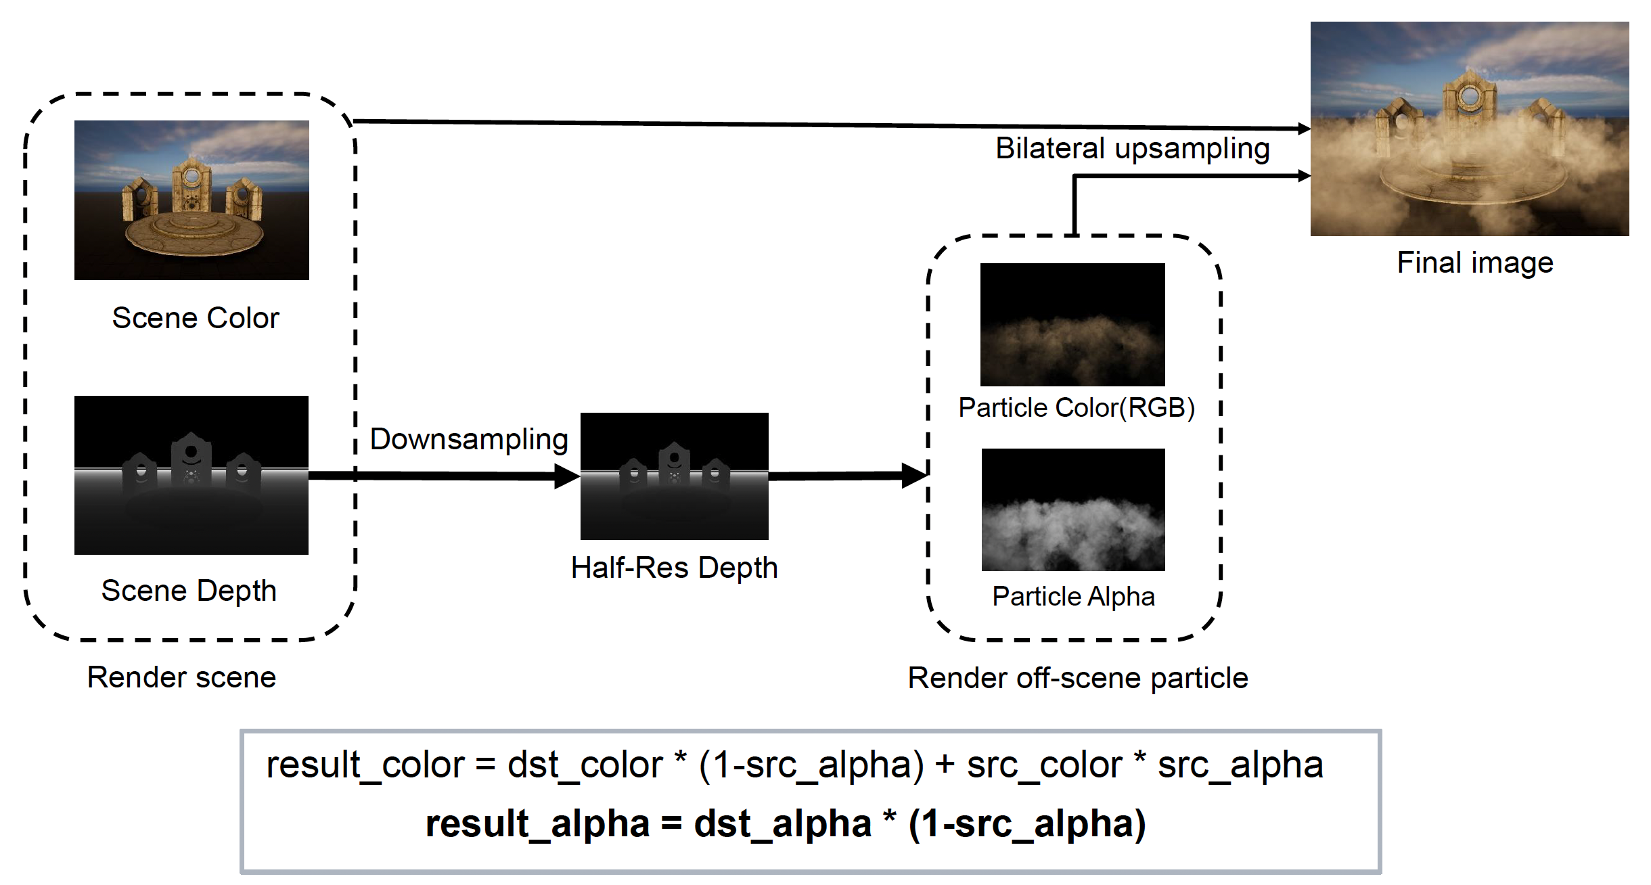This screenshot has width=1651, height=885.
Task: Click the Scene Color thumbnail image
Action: (191, 200)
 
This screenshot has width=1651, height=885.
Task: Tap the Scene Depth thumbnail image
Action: (191, 475)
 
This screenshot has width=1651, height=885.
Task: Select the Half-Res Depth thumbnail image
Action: (674, 476)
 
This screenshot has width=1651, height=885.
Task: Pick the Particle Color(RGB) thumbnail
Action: (1072, 324)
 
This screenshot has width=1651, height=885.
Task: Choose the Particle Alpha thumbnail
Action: (1073, 509)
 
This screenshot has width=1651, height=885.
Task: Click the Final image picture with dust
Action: (1470, 129)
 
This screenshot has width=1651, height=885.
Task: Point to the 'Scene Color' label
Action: (196, 318)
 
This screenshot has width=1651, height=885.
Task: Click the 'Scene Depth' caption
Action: (189, 591)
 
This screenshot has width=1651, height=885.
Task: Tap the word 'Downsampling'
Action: (469, 439)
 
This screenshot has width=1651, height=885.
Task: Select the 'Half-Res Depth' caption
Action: (674, 568)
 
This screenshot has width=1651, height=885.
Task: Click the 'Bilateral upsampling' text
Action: (1132, 148)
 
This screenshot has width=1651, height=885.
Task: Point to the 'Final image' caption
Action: (1475, 263)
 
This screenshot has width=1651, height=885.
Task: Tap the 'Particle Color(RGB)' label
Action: (1077, 407)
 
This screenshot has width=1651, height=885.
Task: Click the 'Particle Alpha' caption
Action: (1073, 596)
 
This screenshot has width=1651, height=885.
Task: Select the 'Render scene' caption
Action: (181, 677)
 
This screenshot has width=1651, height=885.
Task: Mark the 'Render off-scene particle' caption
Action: (1077, 678)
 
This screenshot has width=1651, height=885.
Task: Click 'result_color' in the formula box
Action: (365, 765)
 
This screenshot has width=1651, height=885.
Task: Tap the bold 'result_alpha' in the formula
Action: (537, 823)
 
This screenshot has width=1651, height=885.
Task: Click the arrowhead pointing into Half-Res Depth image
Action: (567, 476)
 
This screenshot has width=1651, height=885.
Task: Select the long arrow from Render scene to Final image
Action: (812, 124)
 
